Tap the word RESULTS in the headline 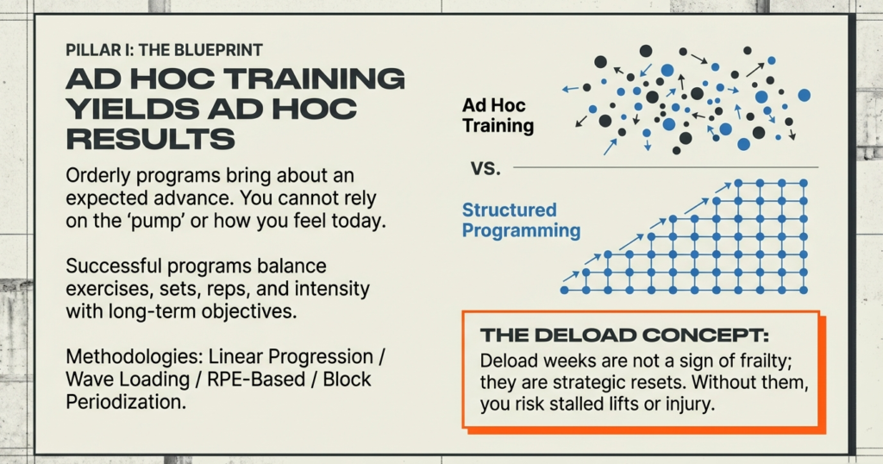coord(150,138)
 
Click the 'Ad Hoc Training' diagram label coord(498,116)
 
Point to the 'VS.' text coord(485,167)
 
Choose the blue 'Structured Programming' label coord(521,220)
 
